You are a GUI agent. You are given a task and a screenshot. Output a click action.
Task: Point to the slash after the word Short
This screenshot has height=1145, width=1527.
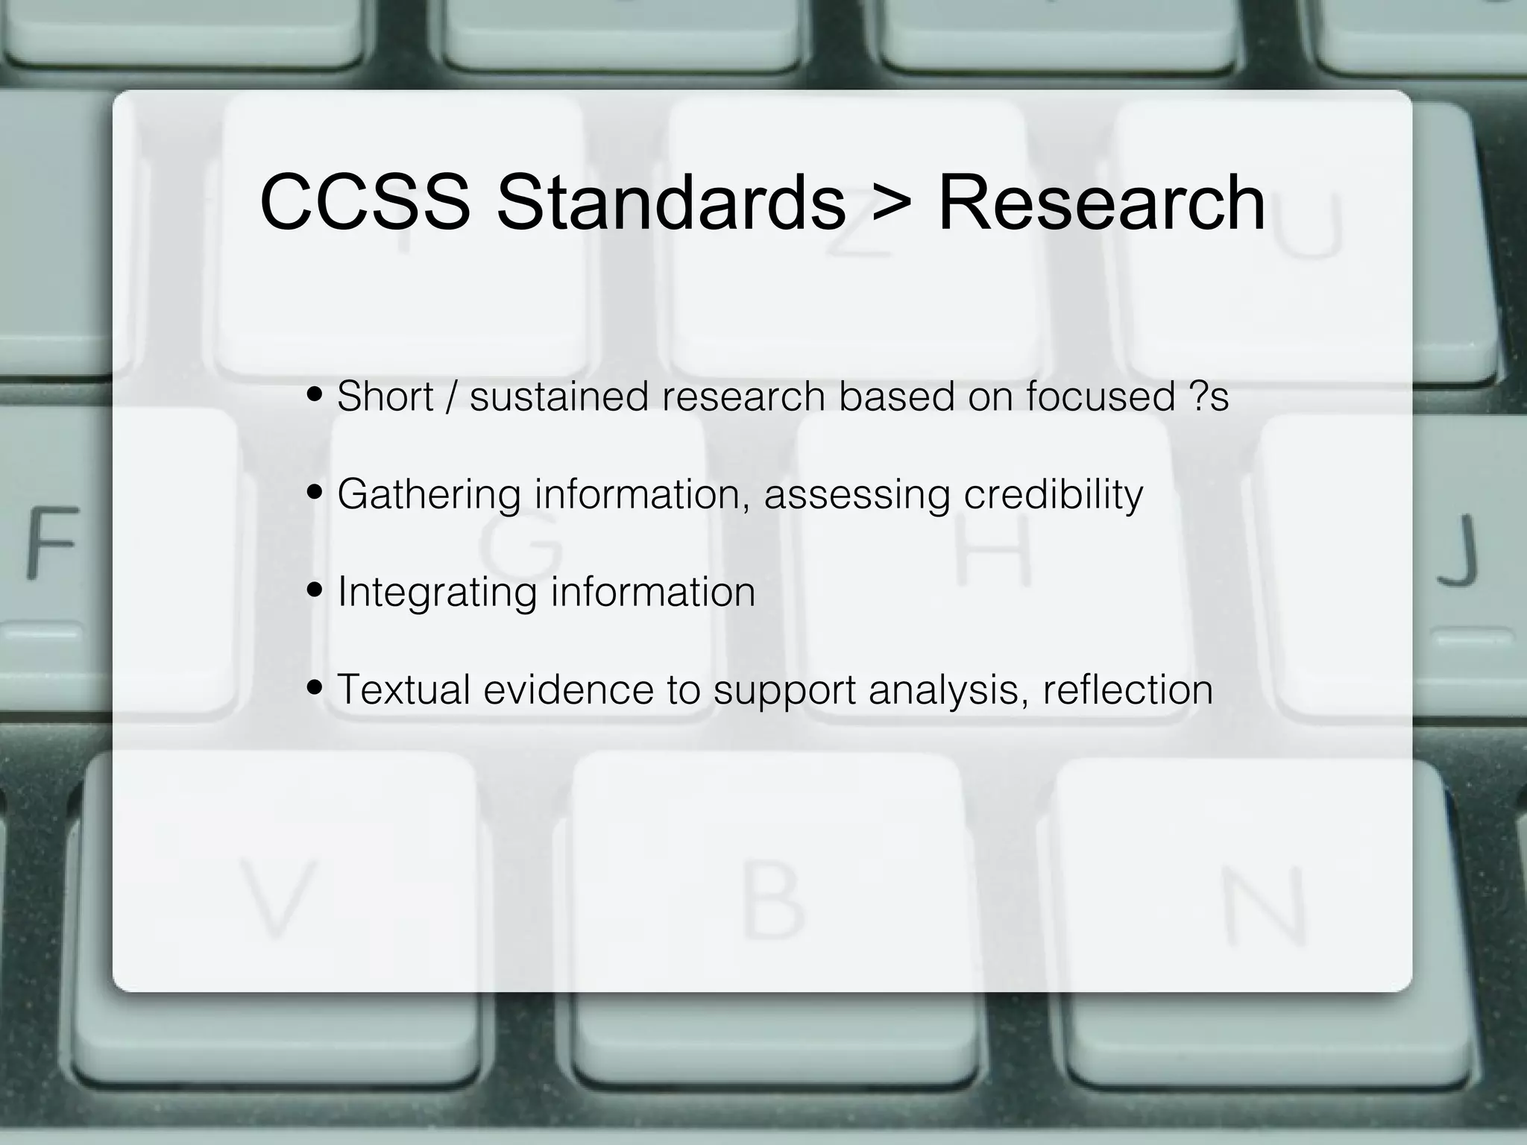[x=451, y=396]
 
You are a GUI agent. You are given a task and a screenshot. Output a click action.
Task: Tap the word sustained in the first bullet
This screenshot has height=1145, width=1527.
[x=559, y=396]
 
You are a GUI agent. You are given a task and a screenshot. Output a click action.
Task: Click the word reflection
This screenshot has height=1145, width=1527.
[x=1127, y=689]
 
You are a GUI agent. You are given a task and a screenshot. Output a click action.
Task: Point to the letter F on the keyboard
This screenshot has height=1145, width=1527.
[x=53, y=543]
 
